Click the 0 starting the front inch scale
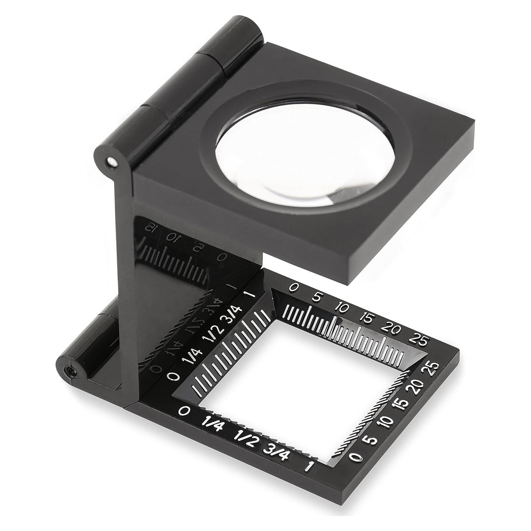[x=184, y=411]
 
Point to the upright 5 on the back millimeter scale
[x=316, y=298]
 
